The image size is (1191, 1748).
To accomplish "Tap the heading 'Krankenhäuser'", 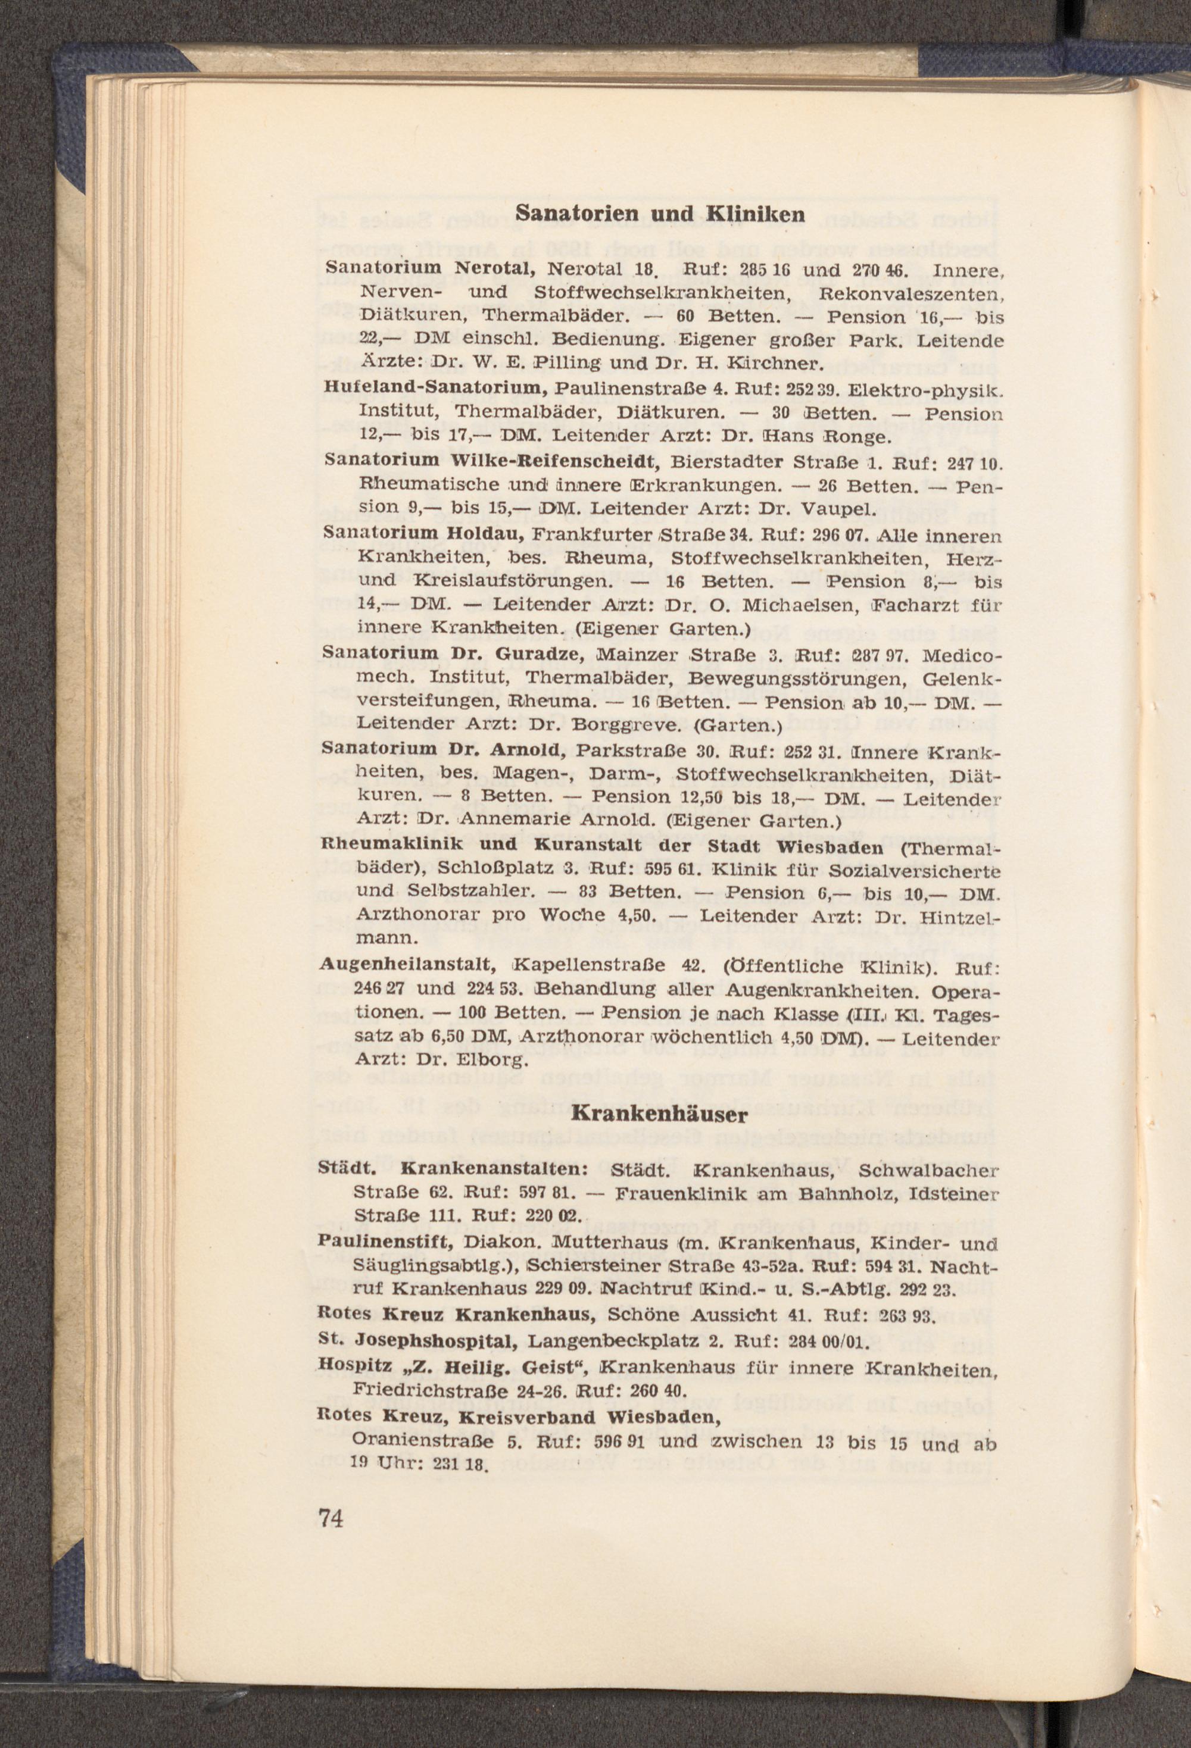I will pos(660,1115).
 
